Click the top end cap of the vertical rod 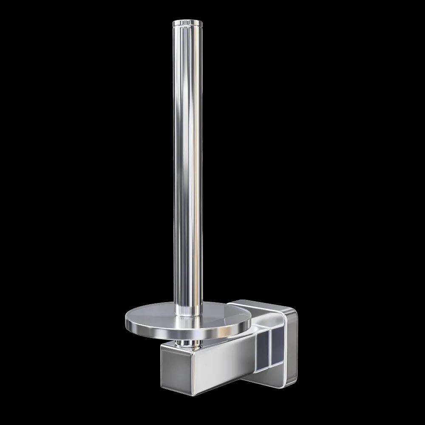(x=185, y=22)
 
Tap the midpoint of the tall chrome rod (x=185, y=166)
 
